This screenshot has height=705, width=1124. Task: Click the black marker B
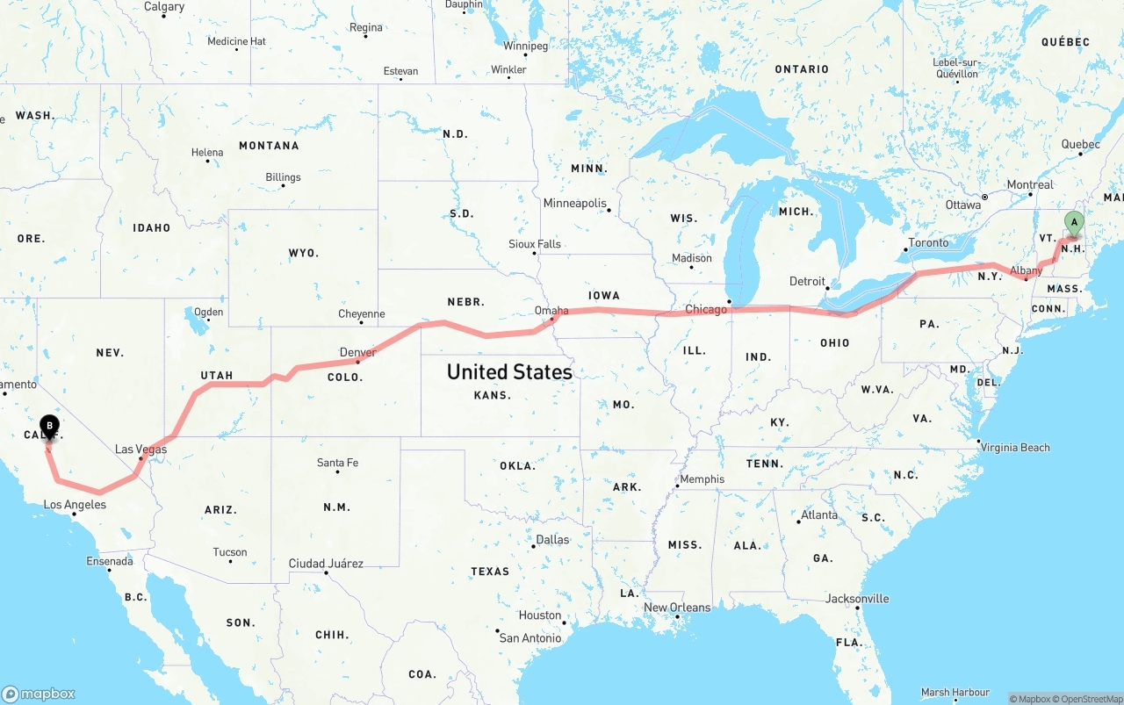(50, 428)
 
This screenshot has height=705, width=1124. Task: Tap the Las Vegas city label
(140, 450)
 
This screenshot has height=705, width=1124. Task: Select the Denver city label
(357, 352)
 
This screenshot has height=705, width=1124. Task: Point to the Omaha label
(551, 310)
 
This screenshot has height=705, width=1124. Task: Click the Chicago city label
(706, 309)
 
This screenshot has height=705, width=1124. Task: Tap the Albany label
(1026, 271)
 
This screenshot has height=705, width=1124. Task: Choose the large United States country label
(509, 371)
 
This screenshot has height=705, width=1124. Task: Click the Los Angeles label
(75, 505)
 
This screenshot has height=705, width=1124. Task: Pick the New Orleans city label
(677, 608)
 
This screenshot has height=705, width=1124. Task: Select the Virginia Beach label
(1016, 447)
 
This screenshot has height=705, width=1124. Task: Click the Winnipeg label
(525, 46)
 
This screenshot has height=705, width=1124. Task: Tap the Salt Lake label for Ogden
(208, 312)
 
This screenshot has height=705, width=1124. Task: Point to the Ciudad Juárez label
(326, 564)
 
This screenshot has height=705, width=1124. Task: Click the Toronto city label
(928, 242)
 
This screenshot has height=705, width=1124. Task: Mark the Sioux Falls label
(534, 244)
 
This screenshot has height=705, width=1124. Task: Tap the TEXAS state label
(490, 572)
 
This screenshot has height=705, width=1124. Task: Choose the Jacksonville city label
(857, 599)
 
